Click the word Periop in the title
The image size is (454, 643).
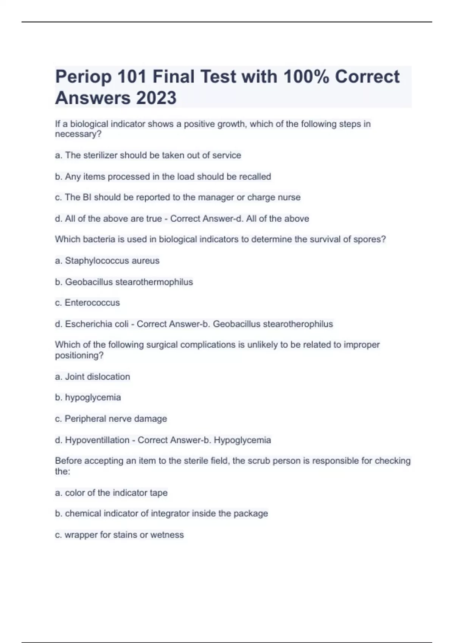click(83, 77)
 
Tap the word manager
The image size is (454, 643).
click(221, 197)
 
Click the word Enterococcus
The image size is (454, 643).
click(92, 303)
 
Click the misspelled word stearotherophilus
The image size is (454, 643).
click(298, 324)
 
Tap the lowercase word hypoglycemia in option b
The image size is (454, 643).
click(93, 398)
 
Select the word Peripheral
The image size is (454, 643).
click(85, 419)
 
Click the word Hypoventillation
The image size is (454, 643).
click(97, 440)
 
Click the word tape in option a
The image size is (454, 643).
click(159, 493)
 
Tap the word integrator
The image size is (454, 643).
click(170, 514)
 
